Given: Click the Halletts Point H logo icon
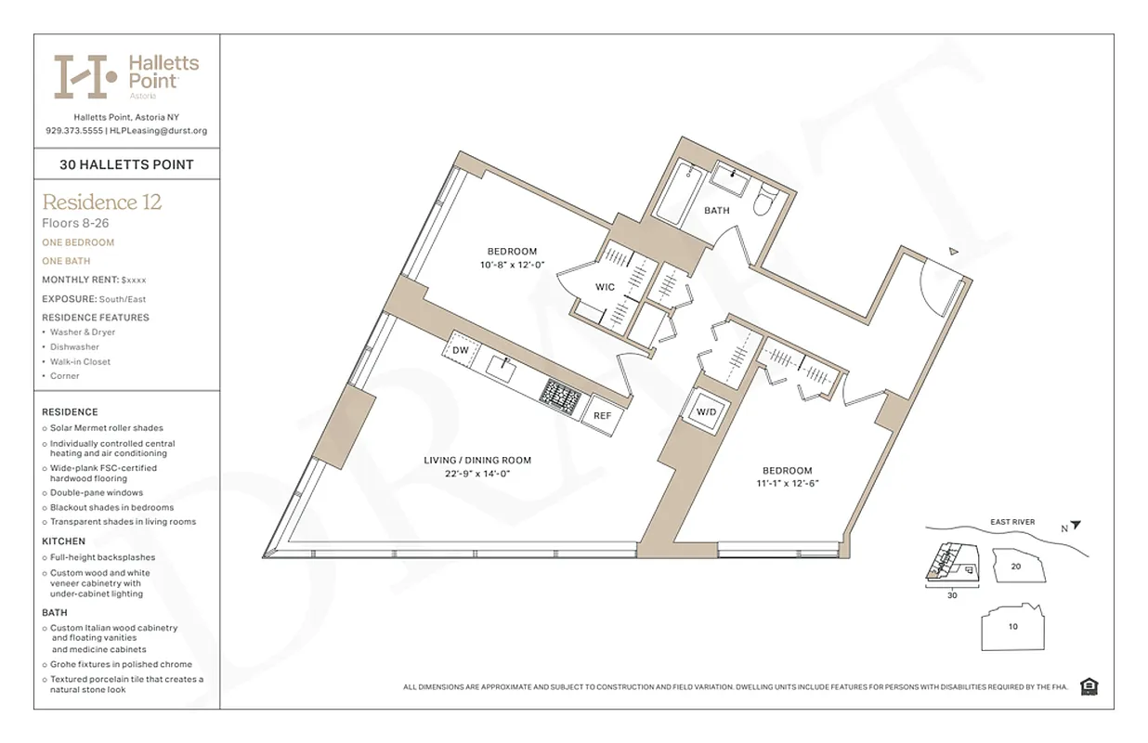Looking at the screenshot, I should [x=85, y=76].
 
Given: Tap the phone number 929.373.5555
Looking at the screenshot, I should [x=74, y=131].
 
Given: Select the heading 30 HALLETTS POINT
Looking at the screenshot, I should [x=126, y=164].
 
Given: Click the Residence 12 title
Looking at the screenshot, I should [x=102, y=202].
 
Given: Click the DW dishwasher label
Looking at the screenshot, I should [x=461, y=350].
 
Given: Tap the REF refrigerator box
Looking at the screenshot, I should [x=603, y=415].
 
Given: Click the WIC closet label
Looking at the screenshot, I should [x=606, y=287].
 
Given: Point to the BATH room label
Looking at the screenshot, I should [x=717, y=211].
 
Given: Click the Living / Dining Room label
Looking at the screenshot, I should [x=477, y=461].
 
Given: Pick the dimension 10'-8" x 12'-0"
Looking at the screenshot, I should [x=513, y=265].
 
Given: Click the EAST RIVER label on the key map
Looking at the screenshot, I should [x=1012, y=522].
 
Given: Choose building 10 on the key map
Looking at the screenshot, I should [x=1012, y=626].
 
